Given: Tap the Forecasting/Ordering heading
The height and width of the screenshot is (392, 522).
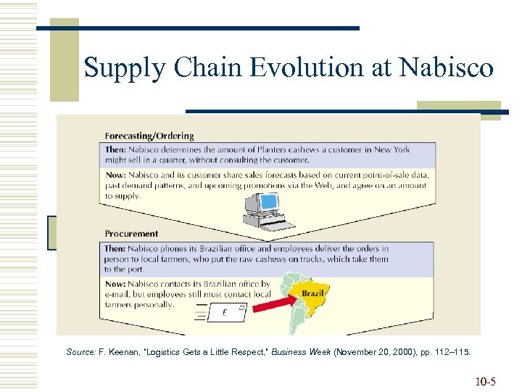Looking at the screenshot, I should click(x=149, y=136).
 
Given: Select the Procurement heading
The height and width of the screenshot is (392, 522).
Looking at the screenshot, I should click(x=131, y=234).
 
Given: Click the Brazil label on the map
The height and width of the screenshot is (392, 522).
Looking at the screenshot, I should click(x=312, y=293).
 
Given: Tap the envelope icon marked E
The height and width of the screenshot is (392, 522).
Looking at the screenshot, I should click(x=225, y=313).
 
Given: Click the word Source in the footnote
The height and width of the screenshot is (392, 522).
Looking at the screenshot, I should click(x=80, y=352).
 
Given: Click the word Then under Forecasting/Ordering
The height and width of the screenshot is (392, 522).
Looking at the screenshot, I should click(x=116, y=150).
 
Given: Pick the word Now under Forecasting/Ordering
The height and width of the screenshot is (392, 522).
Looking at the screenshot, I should click(x=115, y=176).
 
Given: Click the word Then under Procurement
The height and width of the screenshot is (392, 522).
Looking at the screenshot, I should click(x=116, y=248).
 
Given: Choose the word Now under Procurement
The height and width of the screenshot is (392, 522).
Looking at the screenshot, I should click(x=115, y=285).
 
